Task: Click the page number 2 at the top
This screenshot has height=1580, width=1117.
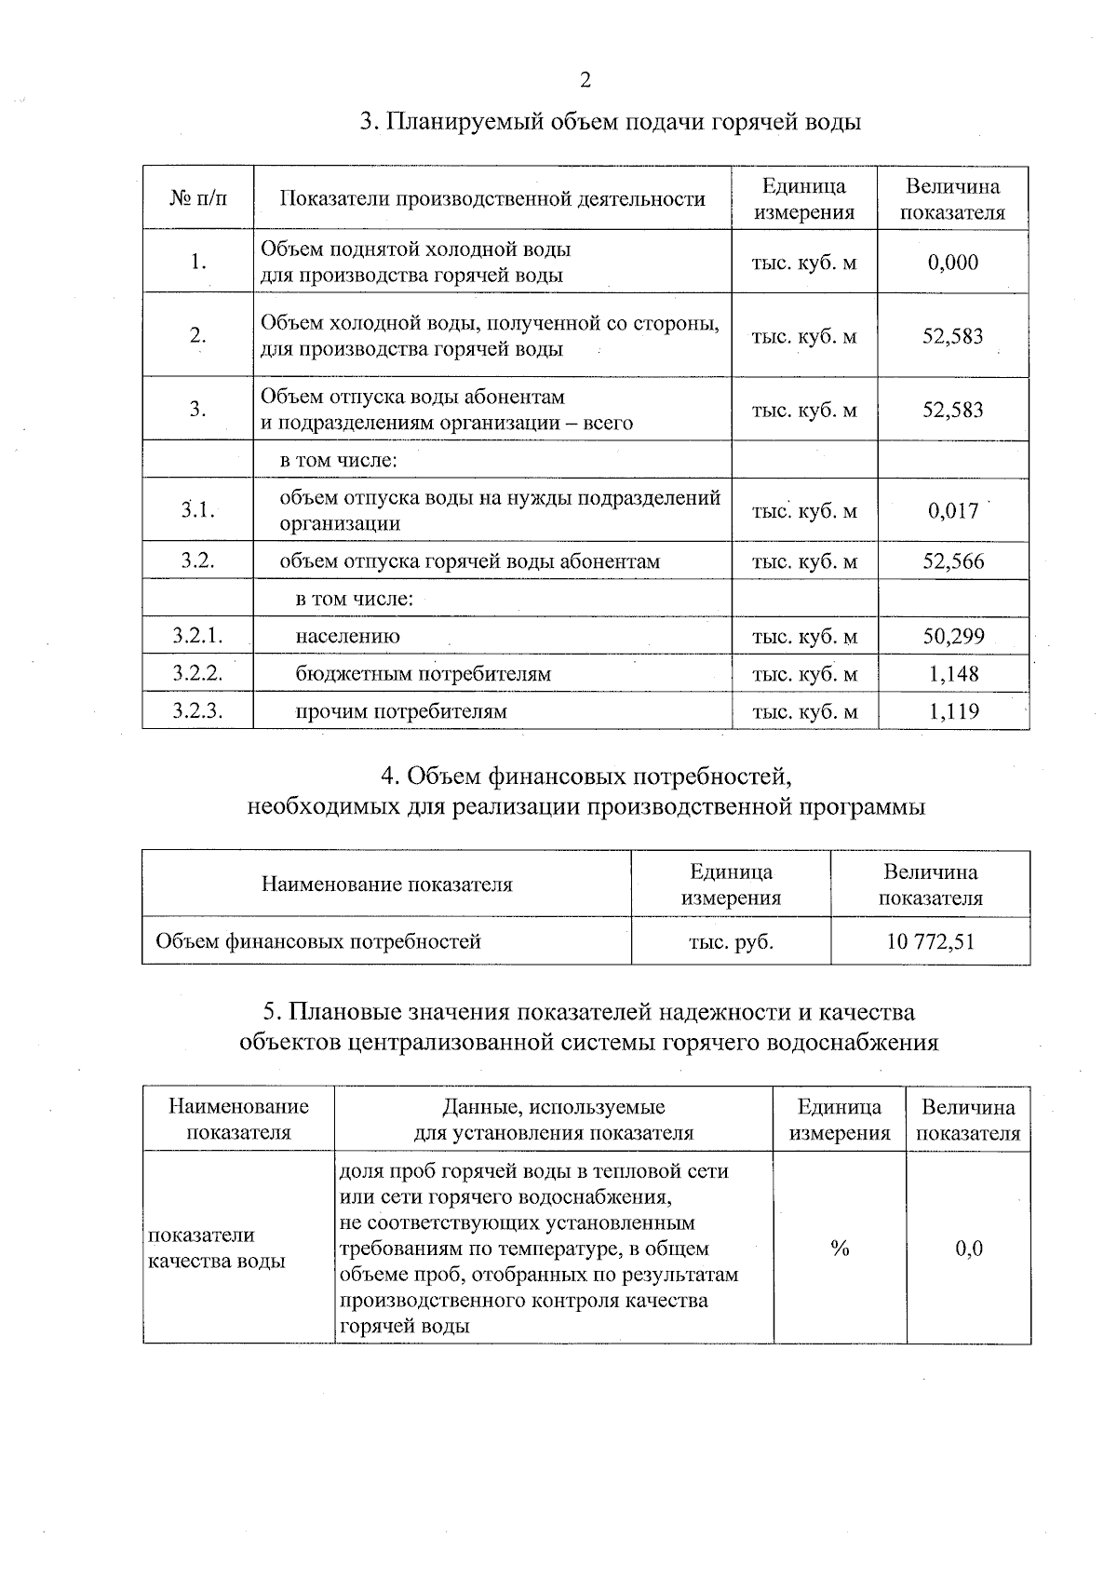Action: [x=585, y=80]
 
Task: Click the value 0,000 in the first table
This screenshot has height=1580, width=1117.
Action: [x=952, y=263]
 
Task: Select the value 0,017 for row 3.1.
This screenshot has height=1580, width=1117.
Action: [x=952, y=510]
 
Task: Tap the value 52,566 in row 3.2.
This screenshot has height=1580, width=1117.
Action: [x=952, y=561]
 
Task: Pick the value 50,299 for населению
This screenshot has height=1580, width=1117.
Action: [x=952, y=637]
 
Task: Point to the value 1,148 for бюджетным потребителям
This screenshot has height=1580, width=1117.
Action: [x=953, y=674]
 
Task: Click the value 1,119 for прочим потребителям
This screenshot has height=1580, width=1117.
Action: [x=953, y=712]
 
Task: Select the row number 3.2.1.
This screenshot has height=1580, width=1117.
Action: [x=197, y=637]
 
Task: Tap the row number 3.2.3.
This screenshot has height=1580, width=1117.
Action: [x=197, y=712]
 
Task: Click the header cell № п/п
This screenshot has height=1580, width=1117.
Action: [x=197, y=198]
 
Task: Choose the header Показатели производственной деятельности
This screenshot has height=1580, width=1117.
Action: [x=492, y=198]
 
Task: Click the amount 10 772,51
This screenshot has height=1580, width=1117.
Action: [x=930, y=941]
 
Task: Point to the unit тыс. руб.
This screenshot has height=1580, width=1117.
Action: [x=731, y=941]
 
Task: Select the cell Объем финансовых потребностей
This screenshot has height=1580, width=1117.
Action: [x=318, y=941]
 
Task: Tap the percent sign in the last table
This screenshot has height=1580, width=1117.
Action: [x=840, y=1249]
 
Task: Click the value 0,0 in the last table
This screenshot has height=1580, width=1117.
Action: [x=969, y=1249]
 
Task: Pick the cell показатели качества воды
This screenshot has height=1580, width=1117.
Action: [x=217, y=1249]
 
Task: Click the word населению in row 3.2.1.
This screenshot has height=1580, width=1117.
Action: [x=347, y=637]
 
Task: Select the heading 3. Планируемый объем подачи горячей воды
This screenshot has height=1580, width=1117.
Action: [x=610, y=122]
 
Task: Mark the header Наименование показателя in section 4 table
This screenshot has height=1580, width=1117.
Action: [x=386, y=885]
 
